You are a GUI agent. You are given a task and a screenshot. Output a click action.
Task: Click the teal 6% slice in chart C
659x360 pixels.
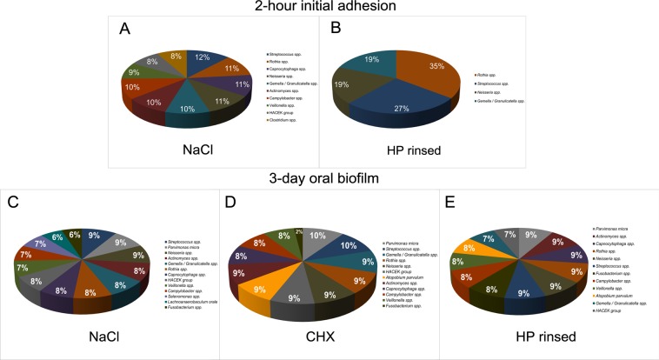[58, 236]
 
